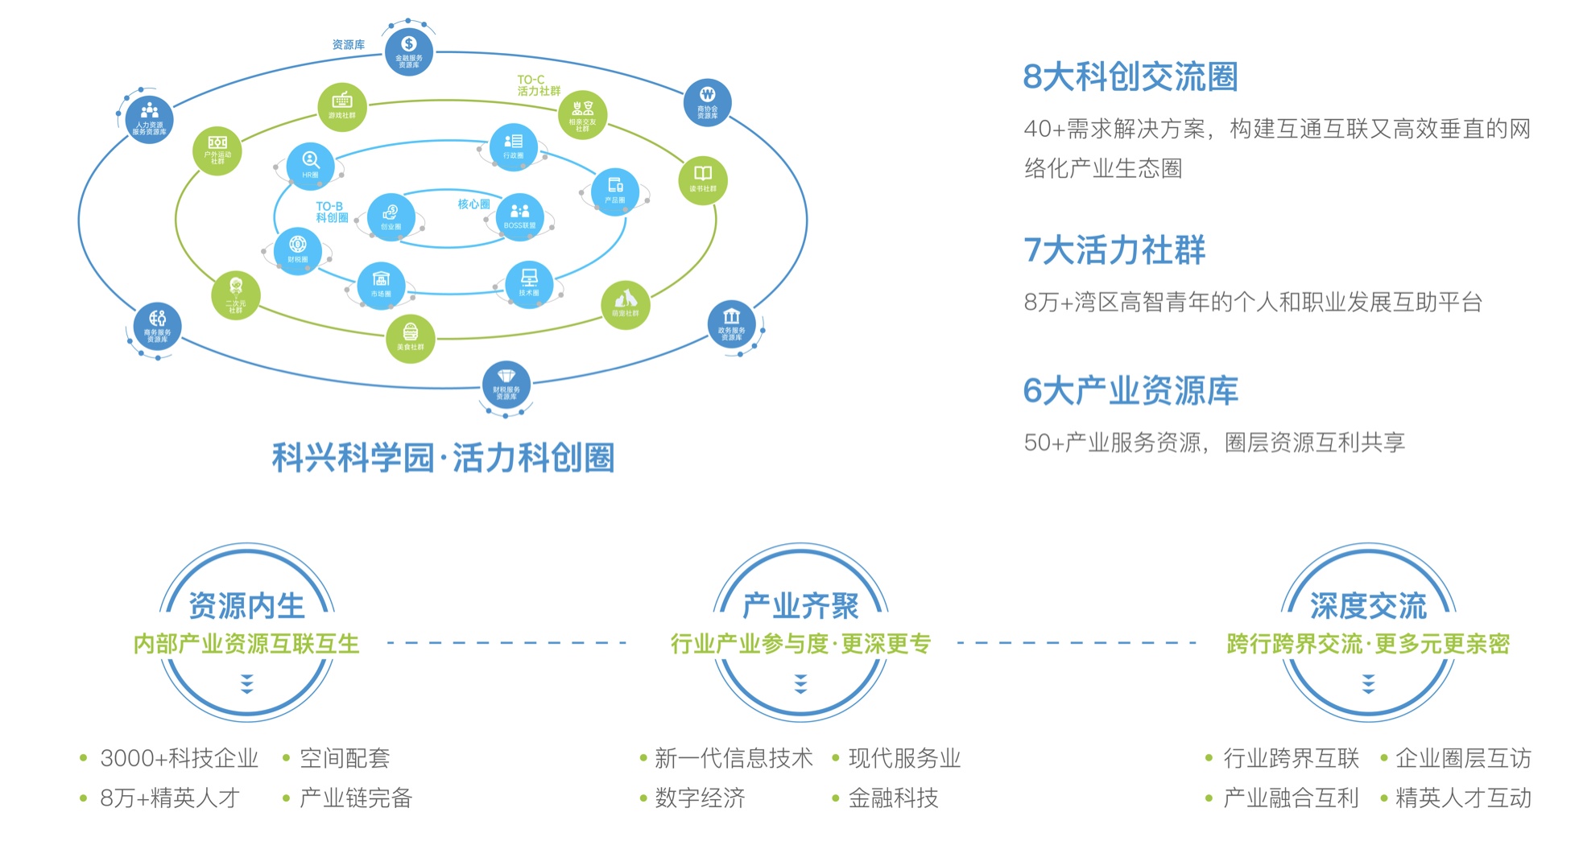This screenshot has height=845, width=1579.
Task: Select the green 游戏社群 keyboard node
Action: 342,106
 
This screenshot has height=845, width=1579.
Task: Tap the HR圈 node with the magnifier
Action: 310,165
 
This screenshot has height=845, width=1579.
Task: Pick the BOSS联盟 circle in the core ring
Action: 519,216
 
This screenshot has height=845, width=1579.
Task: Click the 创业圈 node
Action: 391,217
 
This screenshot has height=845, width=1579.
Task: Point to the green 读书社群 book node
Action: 703,179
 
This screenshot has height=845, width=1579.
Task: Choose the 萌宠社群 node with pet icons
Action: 626,303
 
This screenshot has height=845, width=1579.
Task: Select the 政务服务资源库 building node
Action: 731,324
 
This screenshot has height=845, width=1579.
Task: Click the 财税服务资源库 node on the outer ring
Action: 506,384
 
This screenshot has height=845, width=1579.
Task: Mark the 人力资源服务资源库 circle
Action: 150,118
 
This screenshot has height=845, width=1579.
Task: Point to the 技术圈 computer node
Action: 529,283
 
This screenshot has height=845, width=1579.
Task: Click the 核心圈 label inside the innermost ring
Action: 473,204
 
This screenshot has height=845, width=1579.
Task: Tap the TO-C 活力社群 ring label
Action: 538,85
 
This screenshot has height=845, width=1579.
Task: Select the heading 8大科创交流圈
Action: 1130,77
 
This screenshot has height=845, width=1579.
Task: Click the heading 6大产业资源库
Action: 1130,391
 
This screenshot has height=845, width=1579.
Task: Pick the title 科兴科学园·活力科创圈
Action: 443,458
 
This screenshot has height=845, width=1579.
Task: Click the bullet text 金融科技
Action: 893,798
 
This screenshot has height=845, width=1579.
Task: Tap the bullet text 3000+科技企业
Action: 179,758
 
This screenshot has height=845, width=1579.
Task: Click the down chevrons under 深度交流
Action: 1368,684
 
